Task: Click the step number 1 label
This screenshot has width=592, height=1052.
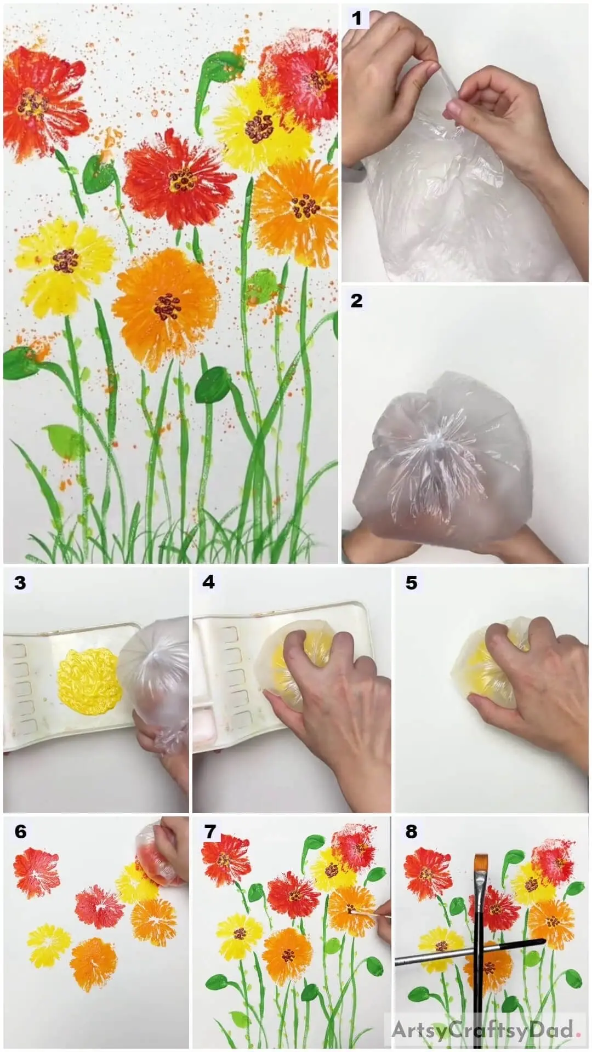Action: coord(357,18)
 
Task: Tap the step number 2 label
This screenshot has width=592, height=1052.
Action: coord(356,300)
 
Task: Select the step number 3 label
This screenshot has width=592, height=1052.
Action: coord(20,582)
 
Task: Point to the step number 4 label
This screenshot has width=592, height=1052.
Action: coord(209,582)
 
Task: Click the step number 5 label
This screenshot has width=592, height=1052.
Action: coord(412,582)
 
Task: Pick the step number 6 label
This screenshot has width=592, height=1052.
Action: coord(20,832)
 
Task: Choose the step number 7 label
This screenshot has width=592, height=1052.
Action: coord(210,832)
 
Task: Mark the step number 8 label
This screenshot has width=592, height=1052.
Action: coord(412,832)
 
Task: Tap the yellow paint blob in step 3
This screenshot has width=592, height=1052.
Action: coord(90,681)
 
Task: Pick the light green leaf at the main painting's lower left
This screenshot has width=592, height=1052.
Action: coord(64,442)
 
